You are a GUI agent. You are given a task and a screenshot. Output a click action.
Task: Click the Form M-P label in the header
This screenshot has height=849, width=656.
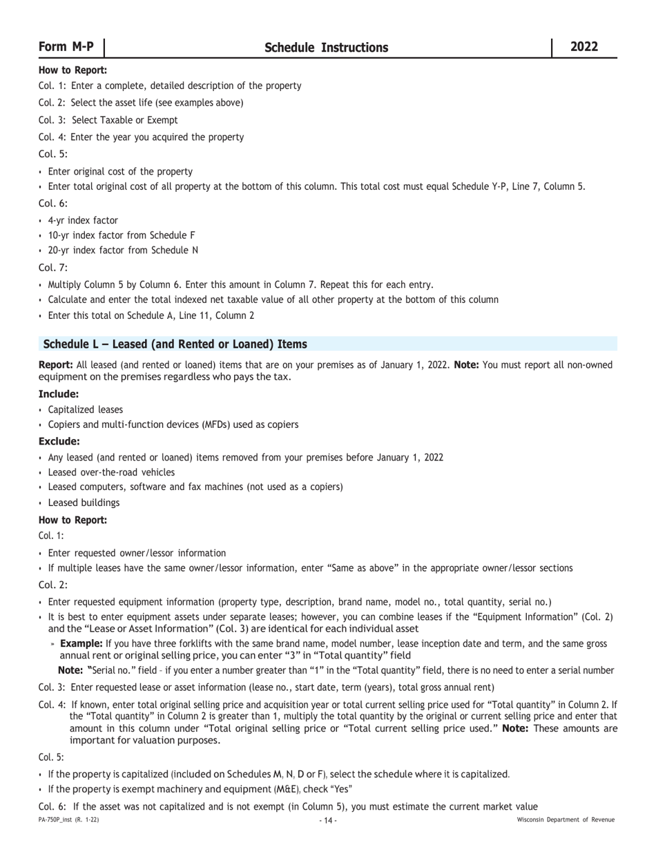click(x=66, y=47)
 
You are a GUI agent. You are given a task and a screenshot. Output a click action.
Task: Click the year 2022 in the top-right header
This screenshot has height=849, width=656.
click(x=584, y=47)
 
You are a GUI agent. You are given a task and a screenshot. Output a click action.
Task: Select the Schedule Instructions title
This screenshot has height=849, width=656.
click(x=326, y=48)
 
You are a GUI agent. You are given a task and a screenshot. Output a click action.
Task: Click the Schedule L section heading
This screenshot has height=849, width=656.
click(x=175, y=344)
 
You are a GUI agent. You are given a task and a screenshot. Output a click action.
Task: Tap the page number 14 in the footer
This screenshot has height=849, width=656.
click(x=328, y=820)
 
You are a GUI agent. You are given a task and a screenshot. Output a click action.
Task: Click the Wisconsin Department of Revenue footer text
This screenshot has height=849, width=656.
click(x=566, y=820)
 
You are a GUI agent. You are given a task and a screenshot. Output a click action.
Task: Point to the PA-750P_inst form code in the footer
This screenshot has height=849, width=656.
click(x=68, y=820)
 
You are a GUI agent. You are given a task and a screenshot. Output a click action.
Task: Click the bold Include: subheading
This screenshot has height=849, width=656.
click(x=59, y=394)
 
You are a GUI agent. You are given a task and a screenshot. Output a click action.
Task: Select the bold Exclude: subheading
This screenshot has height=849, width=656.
click(x=59, y=441)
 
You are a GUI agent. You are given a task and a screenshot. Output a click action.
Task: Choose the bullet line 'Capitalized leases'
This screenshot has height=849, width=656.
click(x=86, y=409)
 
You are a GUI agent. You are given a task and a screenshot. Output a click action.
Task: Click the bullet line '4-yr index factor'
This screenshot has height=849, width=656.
click(x=83, y=220)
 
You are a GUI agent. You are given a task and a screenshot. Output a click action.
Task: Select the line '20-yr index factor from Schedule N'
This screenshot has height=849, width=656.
click(x=123, y=250)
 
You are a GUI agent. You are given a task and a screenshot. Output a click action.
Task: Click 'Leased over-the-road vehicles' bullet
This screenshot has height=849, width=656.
click(x=111, y=472)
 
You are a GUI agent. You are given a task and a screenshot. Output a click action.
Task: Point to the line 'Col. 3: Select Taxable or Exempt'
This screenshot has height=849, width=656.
click(x=108, y=120)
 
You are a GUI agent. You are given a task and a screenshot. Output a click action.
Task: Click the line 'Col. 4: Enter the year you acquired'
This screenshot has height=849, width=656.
click(x=142, y=137)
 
